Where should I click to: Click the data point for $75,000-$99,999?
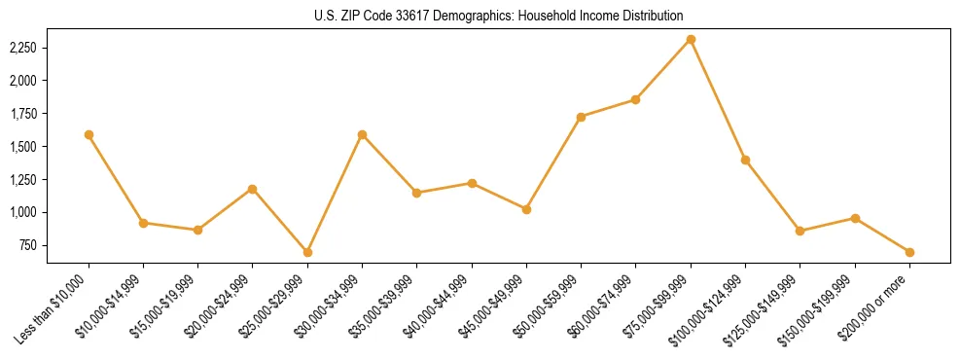(x=691, y=39)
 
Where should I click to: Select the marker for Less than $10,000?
(x=89, y=134)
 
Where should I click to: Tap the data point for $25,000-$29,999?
(x=307, y=252)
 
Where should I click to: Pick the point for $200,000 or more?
(x=909, y=252)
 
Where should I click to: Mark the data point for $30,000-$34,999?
(x=362, y=134)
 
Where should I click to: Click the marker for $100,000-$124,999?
(x=745, y=160)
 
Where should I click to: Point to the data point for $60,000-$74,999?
(x=635, y=99)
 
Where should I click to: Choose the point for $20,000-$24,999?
(x=253, y=189)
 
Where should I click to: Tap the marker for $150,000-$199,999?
(x=855, y=218)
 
